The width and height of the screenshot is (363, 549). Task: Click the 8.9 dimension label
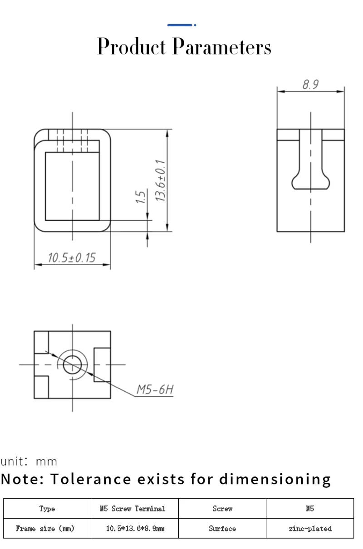tap(310, 85)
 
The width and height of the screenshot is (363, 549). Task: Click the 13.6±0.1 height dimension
tap(160, 180)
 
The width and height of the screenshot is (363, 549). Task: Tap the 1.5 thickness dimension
tap(141, 197)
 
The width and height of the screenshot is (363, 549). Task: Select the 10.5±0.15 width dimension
tap(72, 258)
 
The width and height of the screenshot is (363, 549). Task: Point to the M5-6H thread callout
tap(155, 389)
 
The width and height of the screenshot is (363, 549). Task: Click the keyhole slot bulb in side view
tap(310, 182)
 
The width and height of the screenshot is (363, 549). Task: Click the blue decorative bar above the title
tap(181, 25)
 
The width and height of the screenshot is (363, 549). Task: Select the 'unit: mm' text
tap(29, 462)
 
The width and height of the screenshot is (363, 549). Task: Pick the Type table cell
tap(47, 509)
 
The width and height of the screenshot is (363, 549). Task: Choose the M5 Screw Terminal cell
tap(134, 509)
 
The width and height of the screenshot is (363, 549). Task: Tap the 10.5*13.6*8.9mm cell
tap(134, 529)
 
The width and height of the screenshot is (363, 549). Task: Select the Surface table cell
tap(222, 529)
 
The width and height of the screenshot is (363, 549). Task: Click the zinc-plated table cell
tap(310, 529)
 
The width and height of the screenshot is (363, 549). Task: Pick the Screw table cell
tap(222, 509)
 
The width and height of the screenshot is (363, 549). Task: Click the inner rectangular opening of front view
tap(72, 186)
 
